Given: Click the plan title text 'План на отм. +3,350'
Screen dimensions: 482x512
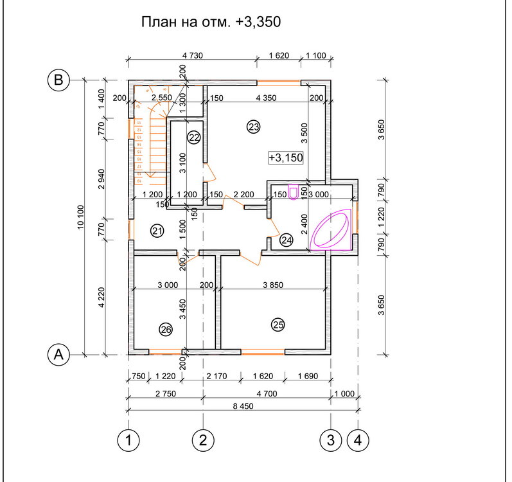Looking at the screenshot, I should click(x=211, y=22).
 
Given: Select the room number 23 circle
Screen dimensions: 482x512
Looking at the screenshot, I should click(x=253, y=127).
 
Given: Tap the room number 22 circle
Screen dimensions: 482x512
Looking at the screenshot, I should click(x=194, y=137).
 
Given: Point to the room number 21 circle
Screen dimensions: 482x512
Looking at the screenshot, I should click(x=156, y=231).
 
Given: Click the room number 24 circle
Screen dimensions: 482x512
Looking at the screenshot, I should click(x=287, y=240).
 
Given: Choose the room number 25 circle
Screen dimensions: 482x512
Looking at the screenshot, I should click(x=278, y=325).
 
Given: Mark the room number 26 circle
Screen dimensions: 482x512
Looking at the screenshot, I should click(x=166, y=330).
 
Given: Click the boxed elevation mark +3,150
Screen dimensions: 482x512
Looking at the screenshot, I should click(x=285, y=157).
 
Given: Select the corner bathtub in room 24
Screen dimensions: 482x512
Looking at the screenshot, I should click(x=330, y=228).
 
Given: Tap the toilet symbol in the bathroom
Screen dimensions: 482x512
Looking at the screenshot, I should click(x=295, y=193).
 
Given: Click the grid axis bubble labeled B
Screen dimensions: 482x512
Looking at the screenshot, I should click(x=58, y=80).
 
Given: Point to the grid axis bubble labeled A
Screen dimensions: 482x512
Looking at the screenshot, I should click(x=58, y=353).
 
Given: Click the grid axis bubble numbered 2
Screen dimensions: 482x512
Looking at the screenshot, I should click(x=203, y=440).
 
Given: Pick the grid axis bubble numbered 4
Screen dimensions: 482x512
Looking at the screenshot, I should click(x=358, y=440).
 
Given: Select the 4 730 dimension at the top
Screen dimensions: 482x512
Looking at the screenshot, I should click(x=192, y=55).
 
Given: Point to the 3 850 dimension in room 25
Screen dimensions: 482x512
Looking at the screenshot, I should click(x=272, y=284).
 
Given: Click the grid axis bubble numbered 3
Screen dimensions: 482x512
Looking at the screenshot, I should click(x=331, y=440).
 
